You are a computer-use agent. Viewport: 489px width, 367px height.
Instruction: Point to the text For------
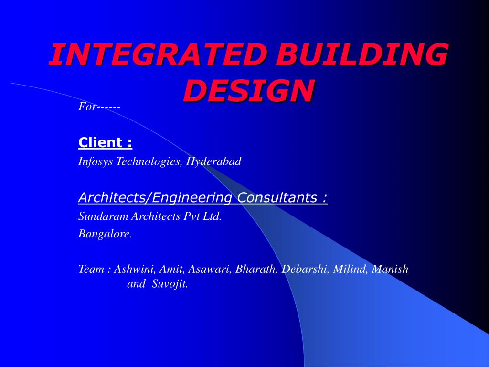click(99, 107)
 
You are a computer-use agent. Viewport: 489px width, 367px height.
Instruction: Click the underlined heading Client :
click(106, 142)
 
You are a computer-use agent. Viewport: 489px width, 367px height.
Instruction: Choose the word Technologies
click(149, 162)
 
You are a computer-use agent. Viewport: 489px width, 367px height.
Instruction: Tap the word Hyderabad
click(214, 162)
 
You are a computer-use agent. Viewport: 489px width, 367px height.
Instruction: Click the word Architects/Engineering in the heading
click(155, 197)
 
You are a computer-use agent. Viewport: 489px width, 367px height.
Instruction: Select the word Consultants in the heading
click(277, 197)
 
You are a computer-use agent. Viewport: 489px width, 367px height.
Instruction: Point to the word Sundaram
click(103, 216)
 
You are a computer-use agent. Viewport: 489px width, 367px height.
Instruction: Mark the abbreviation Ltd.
click(212, 216)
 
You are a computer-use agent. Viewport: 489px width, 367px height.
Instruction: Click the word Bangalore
click(105, 234)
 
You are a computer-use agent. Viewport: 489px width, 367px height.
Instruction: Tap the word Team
click(91, 269)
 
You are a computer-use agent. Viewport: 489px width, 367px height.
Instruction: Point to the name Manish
click(390, 269)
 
